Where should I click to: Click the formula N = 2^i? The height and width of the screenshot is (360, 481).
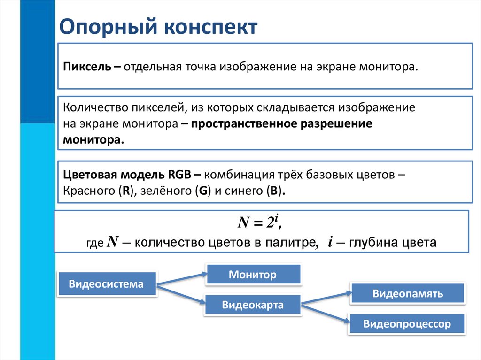258,222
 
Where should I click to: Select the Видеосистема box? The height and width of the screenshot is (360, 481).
107,283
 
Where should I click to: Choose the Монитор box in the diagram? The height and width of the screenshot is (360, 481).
253,274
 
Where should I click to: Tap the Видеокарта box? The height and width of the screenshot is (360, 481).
253,305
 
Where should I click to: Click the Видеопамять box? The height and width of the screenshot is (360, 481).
408,294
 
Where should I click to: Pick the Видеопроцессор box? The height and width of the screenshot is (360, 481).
407,323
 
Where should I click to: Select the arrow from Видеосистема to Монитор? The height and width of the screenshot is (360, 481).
181,278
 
